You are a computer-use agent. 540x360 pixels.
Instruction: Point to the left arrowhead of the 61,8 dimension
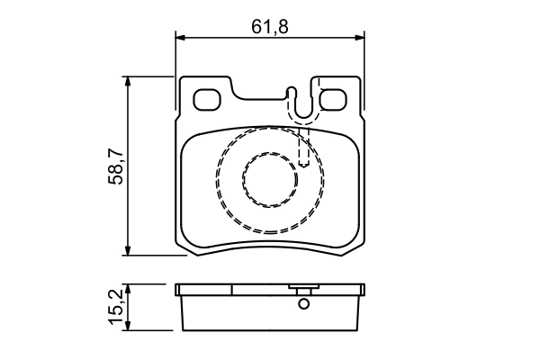click(x=180, y=37)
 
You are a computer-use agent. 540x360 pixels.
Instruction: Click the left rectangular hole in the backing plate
click(x=210, y=99)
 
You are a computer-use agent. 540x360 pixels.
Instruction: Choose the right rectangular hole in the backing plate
click(x=334, y=99)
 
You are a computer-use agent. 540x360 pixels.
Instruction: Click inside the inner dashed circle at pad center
click(x=269, y=179)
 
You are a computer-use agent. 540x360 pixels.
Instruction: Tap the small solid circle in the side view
click(x=303, y=303)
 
